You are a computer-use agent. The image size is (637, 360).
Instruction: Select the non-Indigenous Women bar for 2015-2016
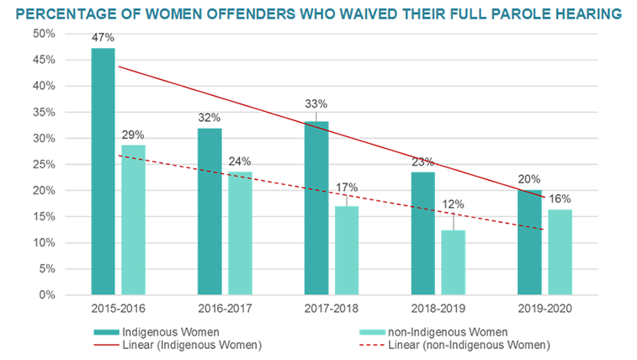pyautogui.click(x=133, y=220)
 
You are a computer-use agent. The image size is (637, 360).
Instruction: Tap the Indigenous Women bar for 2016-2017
pyautogui.click(x=210, y=211)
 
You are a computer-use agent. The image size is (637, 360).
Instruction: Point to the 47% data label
pyautogui.click(x=103, y=39)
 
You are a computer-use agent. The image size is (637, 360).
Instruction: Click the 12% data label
pyautogui.click(x=454, y=204)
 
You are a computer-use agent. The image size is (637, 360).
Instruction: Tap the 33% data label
pyautogui.click(x=316, y=103)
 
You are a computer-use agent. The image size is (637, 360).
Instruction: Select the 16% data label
pyautogui.click(x=560, y=199)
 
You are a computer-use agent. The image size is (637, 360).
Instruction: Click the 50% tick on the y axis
pyautogui.click(x=44, y=34)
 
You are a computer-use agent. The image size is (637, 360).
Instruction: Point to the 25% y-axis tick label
pyautogui.click(x=44, y=164)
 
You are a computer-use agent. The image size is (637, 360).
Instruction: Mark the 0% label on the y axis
pyautogui.click(x=47, y=295)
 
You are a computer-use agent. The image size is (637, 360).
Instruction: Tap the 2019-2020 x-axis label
pyautogui.click(x=544, y=308)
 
